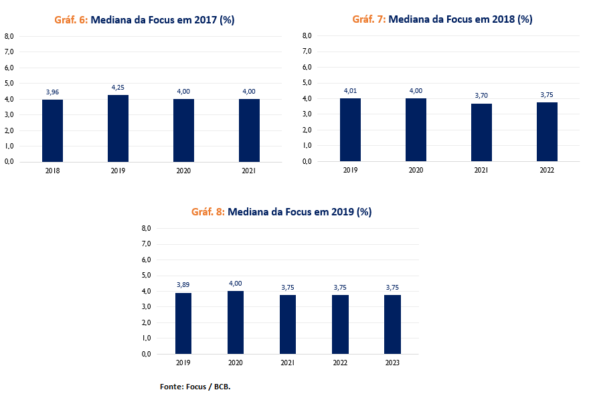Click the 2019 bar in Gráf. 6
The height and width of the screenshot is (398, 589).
click(118, 128)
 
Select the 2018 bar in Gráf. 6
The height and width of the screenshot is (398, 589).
click(52, 130)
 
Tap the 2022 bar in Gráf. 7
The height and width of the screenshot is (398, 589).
click(547, 132)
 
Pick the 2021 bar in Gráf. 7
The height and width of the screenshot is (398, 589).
click(481, 132)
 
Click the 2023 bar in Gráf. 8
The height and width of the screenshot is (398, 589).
click(392, 324)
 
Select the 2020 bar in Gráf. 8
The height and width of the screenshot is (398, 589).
click(236, 322)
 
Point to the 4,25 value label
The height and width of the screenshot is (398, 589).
click(118, 87)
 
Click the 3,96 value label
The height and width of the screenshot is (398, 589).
click(52, 92)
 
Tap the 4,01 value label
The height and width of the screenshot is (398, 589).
click(350, 91)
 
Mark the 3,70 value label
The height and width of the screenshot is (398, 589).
click(481, 96)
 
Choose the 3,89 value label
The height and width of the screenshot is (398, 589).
click(183, 285)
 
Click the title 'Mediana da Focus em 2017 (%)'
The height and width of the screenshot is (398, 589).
click(162, 20)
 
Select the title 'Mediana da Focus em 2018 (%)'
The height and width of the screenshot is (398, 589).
click(460, 19)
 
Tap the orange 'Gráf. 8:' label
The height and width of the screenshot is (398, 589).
click(207, 212)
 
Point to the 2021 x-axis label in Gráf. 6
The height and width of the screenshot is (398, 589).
click(249, 171)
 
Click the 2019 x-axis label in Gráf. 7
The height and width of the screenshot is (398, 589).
click(350, 171)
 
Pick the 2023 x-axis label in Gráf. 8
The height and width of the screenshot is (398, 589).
click(392, 363)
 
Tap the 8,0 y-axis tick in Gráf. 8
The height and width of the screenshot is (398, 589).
click(147, 229)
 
